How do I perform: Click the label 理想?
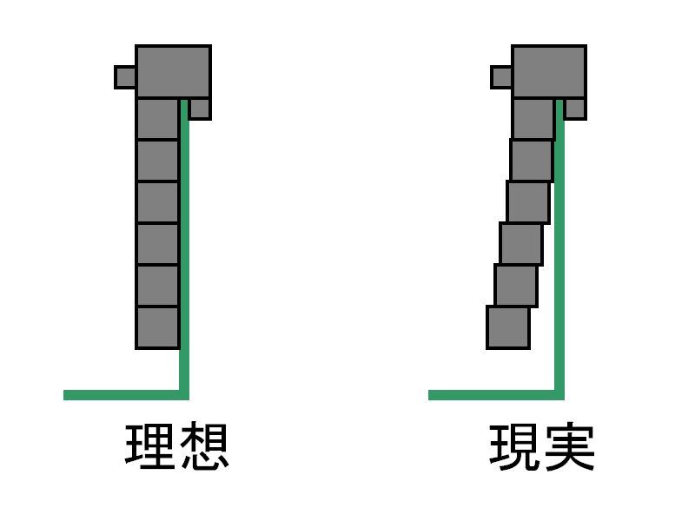tap(177, 446)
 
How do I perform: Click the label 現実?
tap(541, 446)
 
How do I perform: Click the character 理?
tap(149, 446)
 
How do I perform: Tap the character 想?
tap(204, 446)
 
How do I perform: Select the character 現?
tap(514, 446)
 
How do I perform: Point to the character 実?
tap(569, 446)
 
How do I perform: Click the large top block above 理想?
tap(173, 71)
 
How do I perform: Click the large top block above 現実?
tap(549, 71)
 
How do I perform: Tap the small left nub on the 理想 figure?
tap(125, 77)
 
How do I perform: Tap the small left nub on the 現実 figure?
tap(501, 77)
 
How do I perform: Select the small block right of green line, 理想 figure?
tap(200, 109)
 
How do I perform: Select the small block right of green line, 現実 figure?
tap(575, 109)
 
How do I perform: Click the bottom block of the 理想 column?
tap(157, 328)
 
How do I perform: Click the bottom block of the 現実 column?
tap(508, 327)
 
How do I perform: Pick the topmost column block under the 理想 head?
tap(158, 119)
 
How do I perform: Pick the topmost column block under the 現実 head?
tap(533, 119)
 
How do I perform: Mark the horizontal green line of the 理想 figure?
tap(126, 395)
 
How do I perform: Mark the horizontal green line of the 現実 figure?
tap(496, 395)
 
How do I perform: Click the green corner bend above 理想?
tap(184, 395)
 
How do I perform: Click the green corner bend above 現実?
tap(559, 395)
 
